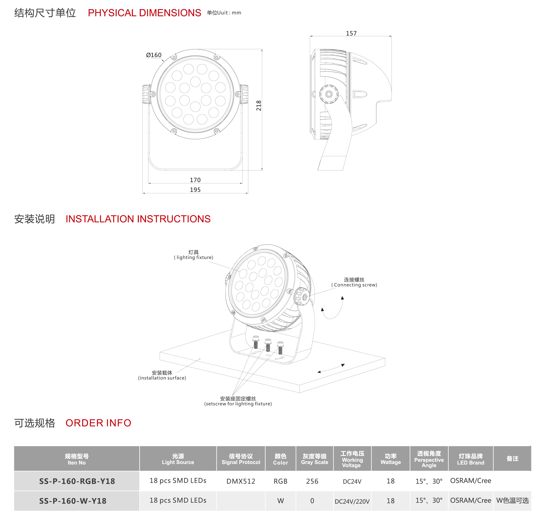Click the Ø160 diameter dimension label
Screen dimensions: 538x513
pyautogui.click(x=154, y=55)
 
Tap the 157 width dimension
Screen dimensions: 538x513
pyautogui.click(x=351, y=33)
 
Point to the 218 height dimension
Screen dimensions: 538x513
pyautogui.click(x=259, y=106)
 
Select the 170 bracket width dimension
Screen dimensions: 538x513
pyautogui.click(x=195, y=180)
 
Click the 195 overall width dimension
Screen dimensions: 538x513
pyautogui.click(x=195, y=190)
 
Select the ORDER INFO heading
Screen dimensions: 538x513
pyautogui.click(x=98, y=423)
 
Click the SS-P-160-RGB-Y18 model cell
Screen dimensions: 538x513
pyautogui.click(x=77, y=481)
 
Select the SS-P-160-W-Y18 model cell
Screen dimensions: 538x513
pyautogui.click(x=73, y=501)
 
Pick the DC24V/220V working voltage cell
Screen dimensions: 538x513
pyautogui.click(x=352, y=502)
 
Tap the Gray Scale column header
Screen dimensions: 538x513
pyautogui.click(x=315, y=459)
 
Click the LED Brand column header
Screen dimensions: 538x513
pyautogui.click(x=470, y=459)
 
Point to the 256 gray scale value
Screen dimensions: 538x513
pyautogui.click(x=312, y=481)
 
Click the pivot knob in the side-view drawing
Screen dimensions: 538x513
pyautogui.click(x=329, y=94)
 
